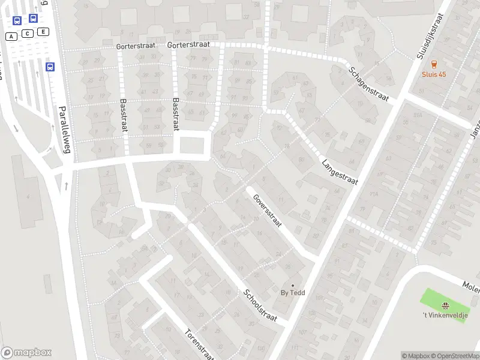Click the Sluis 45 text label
pos(434,74)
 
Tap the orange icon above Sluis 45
pos(434,64)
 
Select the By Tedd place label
pos(293,293)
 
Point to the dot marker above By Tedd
pos(293,285)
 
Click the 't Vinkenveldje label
pos(445,315)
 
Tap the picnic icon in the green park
pos(445,305)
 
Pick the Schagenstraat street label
pos(368,84)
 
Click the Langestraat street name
pos(339,172)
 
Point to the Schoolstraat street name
pos(260,305)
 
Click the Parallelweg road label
pos(64,130)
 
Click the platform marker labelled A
pos(11,37)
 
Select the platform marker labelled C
pos(28,34)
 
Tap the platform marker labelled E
pos(43,31)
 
